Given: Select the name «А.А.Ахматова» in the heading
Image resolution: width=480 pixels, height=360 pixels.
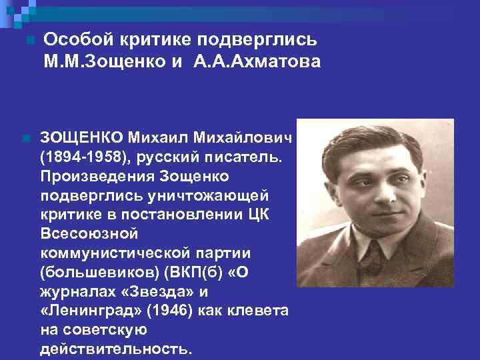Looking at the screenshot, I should [x=257, y=62].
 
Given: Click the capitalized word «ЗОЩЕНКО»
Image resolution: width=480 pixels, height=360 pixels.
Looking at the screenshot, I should [x=81, y=137].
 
